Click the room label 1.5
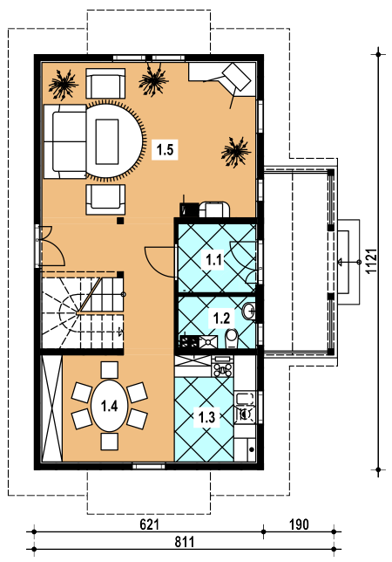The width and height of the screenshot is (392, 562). [x=165, y=149]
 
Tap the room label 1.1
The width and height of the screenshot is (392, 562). [x=214, y=259]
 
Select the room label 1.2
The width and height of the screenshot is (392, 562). [x=221, y=318]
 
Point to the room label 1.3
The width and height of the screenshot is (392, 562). [x=206, y=417]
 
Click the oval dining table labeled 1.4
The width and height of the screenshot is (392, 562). [x=109, y=406]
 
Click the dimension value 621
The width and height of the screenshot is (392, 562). [x=149, y=524]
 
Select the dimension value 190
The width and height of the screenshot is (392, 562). [x=299, y=524]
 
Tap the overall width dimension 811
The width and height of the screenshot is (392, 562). [x=185, y=542]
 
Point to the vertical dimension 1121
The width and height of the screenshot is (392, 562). [x=372, y=261]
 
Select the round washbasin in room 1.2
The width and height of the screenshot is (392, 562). [x=248, y=311]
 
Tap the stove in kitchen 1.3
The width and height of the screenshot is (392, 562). [x=222, y=367]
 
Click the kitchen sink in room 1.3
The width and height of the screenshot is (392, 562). [x=245, y=408]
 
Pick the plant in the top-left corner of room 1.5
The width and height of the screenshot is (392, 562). [x=64, y=85]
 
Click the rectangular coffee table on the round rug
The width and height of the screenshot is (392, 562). [x=107, y=141]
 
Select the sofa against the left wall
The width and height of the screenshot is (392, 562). [x=65, y=141]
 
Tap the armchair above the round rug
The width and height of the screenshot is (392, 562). [x=105, y=83]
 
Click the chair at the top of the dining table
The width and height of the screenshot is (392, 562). [x=109, y=370]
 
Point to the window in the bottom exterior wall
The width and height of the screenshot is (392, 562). [x=149, y=466]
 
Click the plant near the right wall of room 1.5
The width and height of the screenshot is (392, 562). [x=235, y=152]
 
